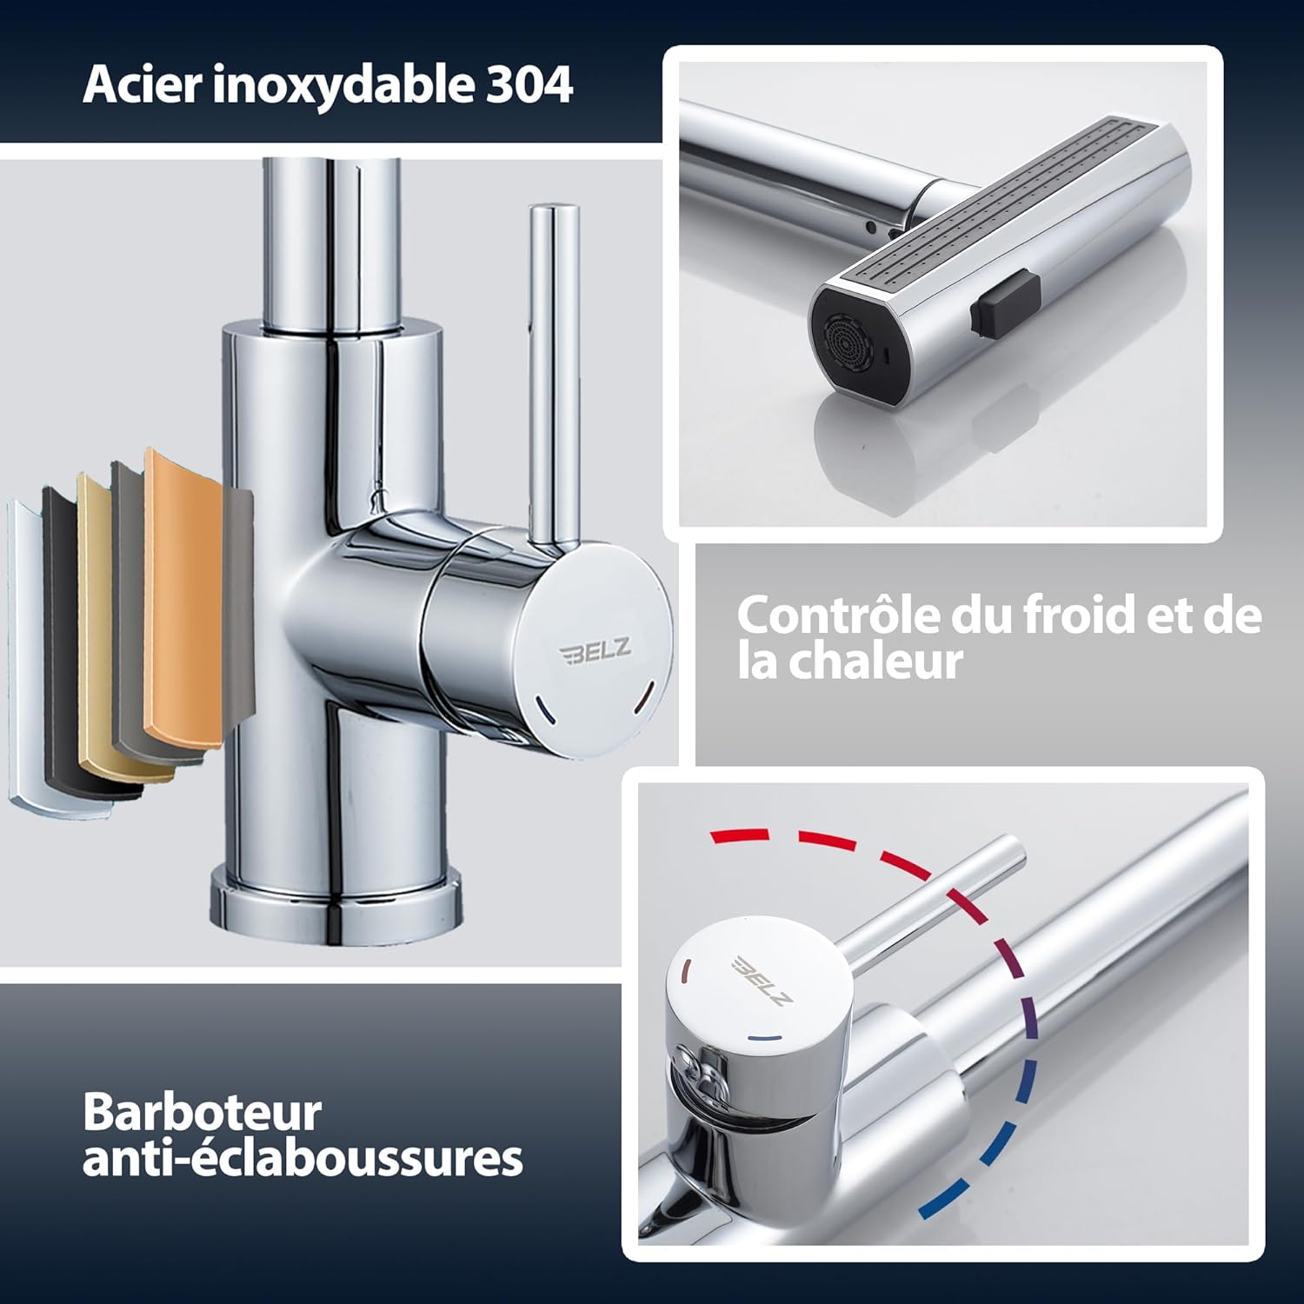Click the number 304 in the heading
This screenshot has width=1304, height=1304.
(x=529, y=85)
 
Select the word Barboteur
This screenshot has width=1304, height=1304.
(x=203, y=1112)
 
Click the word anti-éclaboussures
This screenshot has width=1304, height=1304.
(x=303, y=1158)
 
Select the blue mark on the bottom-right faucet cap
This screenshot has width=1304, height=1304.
(x=761, y=1038)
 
